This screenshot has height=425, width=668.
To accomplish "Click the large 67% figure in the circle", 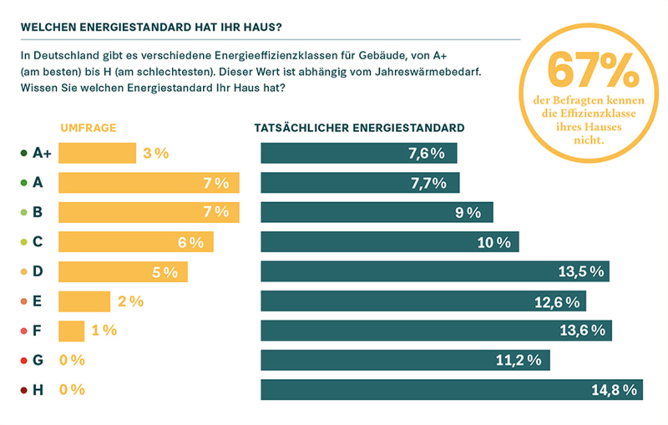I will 593,70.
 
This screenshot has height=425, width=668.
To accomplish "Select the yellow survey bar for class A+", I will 97,153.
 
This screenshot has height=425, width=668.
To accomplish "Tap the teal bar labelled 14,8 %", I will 451,390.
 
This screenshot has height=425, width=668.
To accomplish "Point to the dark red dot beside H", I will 24,390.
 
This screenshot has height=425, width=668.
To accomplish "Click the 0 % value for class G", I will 72,360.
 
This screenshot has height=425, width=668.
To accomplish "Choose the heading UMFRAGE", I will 88,128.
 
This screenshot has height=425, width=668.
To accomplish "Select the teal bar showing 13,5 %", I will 435,271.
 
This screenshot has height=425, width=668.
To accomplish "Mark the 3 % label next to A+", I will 156,153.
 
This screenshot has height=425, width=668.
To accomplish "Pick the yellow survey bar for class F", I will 72,331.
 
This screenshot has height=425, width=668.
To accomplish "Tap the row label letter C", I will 38,242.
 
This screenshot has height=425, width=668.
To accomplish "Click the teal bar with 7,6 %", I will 358,153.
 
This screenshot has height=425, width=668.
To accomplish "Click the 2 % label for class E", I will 131,301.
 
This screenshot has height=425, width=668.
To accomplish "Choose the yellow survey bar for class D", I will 123,271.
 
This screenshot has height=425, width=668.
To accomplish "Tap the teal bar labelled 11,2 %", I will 405,360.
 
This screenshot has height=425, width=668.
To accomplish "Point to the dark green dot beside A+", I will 24,154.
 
